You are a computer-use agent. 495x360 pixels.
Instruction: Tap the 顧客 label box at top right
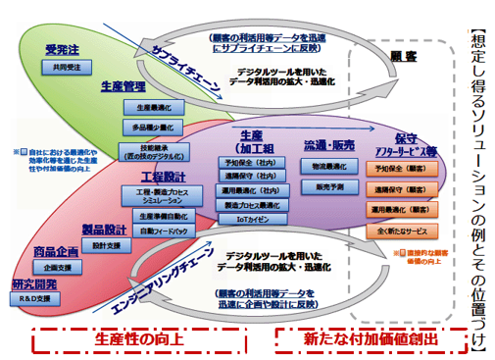(404, 56)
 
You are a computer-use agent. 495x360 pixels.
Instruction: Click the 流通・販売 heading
(328, 146)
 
